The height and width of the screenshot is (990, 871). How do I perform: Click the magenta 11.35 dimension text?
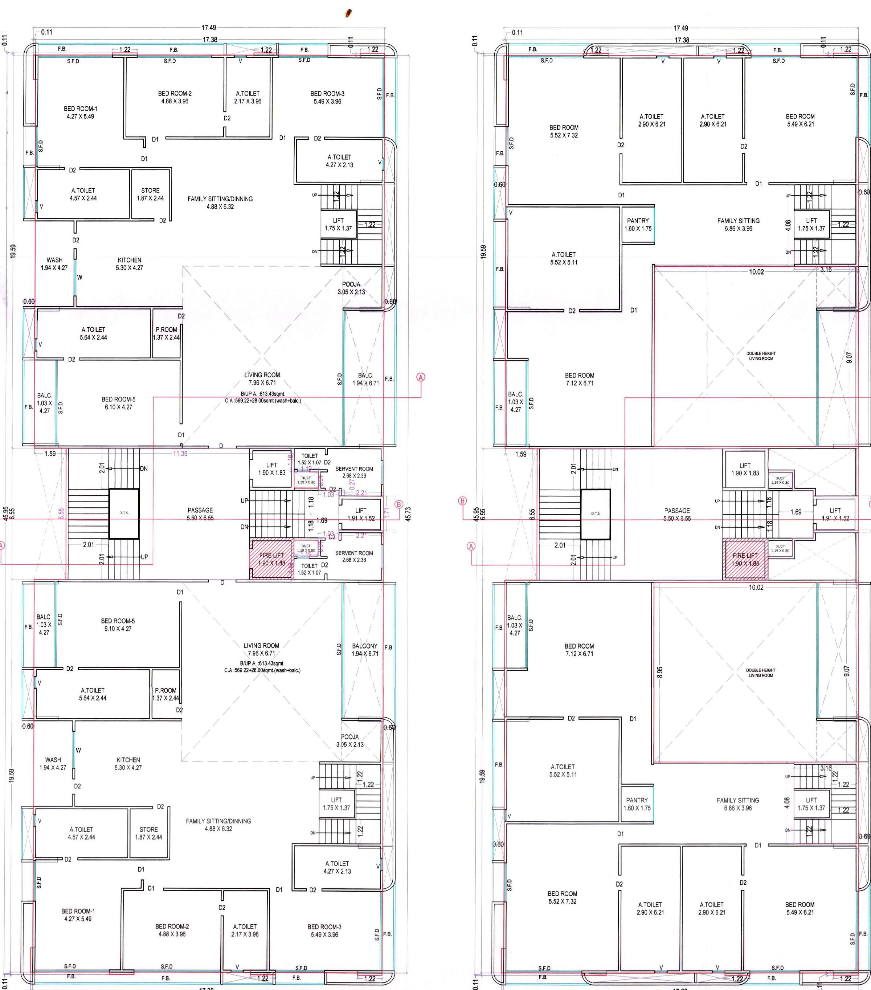pyautogui.click(x=180, y=454)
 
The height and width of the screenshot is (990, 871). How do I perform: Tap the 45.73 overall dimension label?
pyautogui.click(x=408, y=514)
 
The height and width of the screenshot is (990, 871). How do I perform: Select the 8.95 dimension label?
pyautogui.click(x=660, y=672)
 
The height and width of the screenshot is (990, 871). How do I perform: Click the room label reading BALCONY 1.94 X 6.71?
pyautogui.click(x=365, y=650)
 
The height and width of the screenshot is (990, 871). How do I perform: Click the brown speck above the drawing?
pyautogui.click(x=348, y=13)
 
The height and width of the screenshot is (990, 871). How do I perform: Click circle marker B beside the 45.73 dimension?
pyautogui.click(x=399, y=504)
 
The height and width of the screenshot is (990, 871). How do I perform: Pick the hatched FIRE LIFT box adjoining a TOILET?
pyautogui.click(x=271, y=560)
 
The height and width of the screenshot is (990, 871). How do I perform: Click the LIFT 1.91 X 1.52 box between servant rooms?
pyautogui.click(x=361, y=514)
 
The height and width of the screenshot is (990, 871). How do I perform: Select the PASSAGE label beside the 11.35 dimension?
pyautogui.click(x=200, y=514)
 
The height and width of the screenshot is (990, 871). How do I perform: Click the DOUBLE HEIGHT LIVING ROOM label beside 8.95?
pyautogui.click(x=761, y=673)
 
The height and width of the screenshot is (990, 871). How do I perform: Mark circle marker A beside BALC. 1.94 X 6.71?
pyautogui.click(x=421, y=377)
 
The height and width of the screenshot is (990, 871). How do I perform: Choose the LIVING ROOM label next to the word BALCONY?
pyautogui.click(x=262, y=649)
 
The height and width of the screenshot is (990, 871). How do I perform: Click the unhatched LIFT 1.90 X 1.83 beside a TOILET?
pyautogui.click(x=272, y=469)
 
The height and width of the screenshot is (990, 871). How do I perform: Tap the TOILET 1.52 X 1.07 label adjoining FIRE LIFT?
pyautogui.click(x=310, y=569)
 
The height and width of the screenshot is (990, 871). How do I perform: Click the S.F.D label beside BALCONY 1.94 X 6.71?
pyautogui.click(x=339, y=649)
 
